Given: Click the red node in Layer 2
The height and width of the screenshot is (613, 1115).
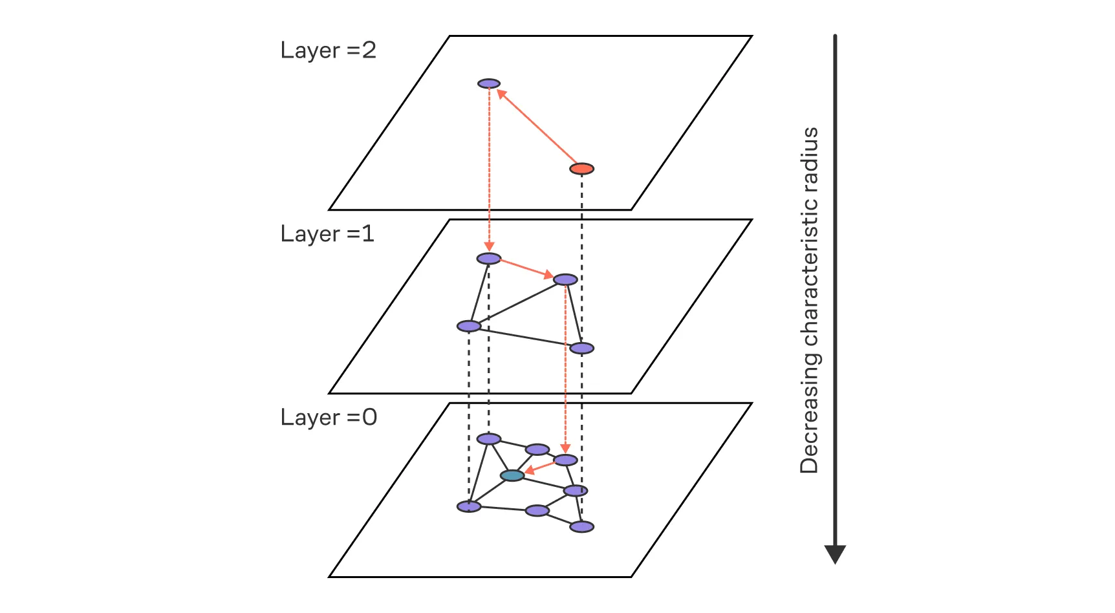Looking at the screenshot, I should click(581, 169).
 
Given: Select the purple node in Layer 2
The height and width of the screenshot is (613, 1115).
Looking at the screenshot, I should click(489, 83).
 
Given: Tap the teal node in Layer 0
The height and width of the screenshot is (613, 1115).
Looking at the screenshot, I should click(512, 476).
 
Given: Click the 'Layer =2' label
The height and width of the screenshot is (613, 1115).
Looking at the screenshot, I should click(328, 50).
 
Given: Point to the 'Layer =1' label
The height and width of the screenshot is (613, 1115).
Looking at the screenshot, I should click(327, 234).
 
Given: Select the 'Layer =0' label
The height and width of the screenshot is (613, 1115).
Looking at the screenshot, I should click(328, 418).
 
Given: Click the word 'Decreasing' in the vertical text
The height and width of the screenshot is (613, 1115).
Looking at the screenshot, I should click(809, 417).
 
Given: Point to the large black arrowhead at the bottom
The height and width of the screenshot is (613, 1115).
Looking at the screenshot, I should click(835, 554).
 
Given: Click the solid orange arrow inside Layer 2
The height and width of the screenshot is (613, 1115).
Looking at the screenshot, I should click(537, 126).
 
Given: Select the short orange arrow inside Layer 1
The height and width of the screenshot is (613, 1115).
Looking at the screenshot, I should click(527, 269).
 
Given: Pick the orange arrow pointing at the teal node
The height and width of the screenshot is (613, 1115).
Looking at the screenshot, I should click(539, 468).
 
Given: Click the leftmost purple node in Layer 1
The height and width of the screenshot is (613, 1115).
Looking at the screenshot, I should click(469, 326).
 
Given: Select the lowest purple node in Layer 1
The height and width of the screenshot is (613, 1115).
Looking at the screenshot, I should click(581, 349).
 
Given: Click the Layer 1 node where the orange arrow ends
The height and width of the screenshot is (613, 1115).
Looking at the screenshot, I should click(565, 279).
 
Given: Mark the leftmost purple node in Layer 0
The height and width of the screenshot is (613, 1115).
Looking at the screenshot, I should click(469, 506).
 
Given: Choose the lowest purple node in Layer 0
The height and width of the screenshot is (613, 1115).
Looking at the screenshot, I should click(581, 527).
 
